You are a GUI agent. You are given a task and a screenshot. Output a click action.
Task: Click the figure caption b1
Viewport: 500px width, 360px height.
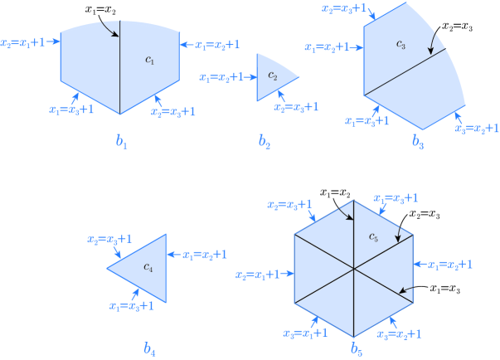[x=121, y=143]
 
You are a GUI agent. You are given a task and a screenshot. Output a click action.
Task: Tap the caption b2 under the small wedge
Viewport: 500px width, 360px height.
[x=265, y=143]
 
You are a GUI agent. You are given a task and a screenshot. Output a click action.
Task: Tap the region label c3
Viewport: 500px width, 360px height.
[x=400, y=42]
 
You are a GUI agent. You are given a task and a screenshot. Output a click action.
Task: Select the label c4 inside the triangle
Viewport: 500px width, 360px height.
[x=148, y=267]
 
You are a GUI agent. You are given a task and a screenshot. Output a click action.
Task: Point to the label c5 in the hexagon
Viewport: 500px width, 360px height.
[x=375, y=239]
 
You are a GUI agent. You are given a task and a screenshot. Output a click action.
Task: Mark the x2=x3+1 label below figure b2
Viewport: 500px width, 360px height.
[x=294, y=108]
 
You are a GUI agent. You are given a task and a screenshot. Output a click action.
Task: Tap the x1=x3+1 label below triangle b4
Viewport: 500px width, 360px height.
[x=130, y=305]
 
